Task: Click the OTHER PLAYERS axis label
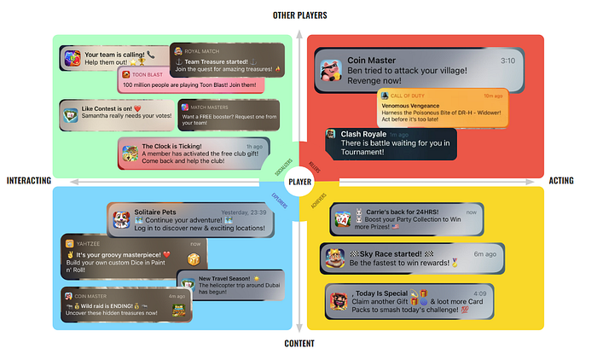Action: [299, 15]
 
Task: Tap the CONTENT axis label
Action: [299, 344]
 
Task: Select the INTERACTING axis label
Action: [28, 181]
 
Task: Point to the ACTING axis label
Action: [561, 181]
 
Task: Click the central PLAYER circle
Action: [299, 181]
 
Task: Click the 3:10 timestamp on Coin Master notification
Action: [507, 61]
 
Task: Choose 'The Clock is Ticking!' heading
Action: [178, 147]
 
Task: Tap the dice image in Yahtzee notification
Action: [194, 259]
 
